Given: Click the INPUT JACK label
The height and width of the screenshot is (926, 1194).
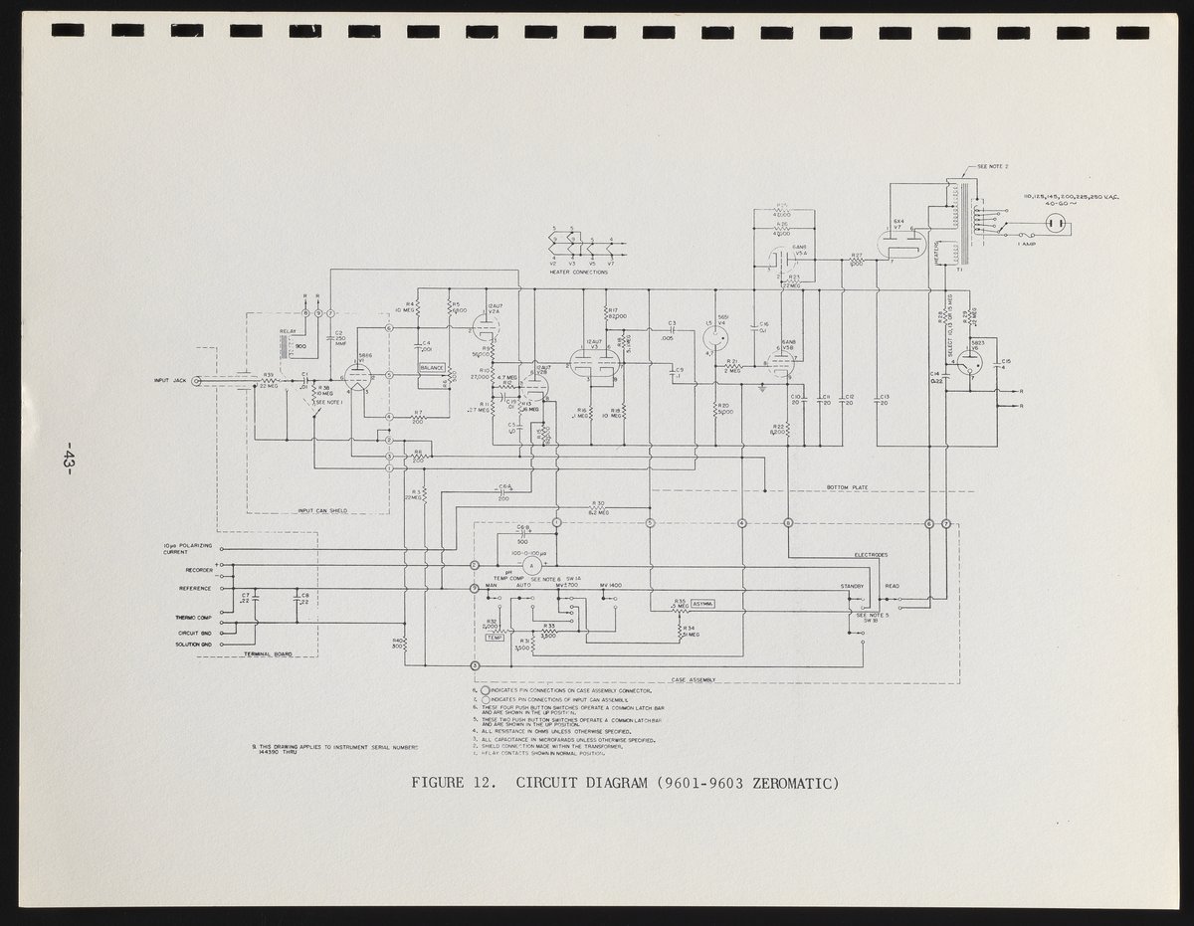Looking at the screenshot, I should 169,380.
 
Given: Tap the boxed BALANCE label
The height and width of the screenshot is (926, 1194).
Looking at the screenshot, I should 431,368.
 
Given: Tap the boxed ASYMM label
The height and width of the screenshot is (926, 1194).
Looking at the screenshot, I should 702,604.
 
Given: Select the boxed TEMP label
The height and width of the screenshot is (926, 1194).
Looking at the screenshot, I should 495,637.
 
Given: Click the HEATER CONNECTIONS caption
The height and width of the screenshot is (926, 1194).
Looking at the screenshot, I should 578,272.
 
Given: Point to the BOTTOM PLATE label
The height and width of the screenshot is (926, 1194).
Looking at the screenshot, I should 847,487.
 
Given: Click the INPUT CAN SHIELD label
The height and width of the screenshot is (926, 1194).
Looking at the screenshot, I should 321,510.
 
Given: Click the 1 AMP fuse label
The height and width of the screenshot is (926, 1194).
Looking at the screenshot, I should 1027,243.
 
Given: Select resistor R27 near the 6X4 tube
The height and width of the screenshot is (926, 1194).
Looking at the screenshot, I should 856,261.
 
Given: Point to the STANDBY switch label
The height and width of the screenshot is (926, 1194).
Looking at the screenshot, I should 853,586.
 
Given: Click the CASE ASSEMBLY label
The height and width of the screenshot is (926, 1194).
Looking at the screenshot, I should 695,680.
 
